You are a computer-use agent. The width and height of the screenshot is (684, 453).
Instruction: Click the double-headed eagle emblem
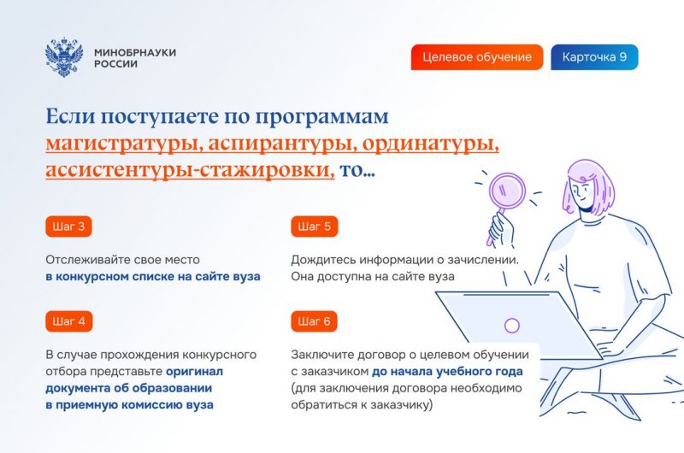pyautogui.click(x=64, y=57)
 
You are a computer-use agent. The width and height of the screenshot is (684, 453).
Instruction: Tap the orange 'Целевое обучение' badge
pyautogui.click(x=477, y=57)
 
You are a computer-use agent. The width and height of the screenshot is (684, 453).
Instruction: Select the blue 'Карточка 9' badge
pyautogui.click(x=594, y=57)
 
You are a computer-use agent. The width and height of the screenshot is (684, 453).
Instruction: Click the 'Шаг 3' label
pyautogui.click(x=68, y=226)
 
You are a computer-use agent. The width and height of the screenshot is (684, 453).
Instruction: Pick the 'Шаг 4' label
pyautogui.click(x=69, y=321)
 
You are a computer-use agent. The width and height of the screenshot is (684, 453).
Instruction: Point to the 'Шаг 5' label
pyautogui.click(x=314, y=226)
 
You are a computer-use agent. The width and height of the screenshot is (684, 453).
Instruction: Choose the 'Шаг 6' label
pyautogui.click(x=314, y=321)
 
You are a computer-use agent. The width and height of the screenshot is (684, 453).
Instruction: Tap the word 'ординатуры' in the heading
pyautogui.click(x=431, y=144)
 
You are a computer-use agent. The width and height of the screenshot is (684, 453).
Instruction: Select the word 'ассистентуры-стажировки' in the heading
pyautogui.click(x=190, y=170)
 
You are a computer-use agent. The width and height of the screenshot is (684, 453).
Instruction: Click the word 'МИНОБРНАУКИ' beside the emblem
pyautogui.click(x=135, y=52)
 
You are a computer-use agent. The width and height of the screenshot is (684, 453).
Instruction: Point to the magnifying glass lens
pyautogui.click(x=507, y=191)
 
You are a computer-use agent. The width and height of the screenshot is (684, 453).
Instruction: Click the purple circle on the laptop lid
pyautogui.click(x=511, y=326)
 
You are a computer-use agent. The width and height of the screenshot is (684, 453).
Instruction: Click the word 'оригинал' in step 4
pyautogui.click(x=194, y=372)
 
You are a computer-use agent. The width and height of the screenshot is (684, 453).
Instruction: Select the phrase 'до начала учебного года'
pyautogui.click(x=447, y=372)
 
